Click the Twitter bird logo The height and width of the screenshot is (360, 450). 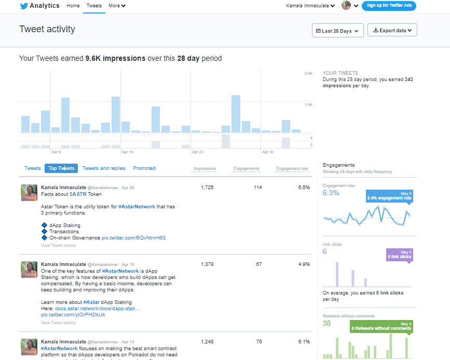coord(24,6)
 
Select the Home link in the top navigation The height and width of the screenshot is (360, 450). coord(73,6)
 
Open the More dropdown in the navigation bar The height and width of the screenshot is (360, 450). coord(117,6)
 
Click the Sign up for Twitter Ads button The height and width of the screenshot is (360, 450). coord(389,6)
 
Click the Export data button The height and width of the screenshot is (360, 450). coord(392,31)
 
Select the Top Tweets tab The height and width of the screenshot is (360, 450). coord(61,168)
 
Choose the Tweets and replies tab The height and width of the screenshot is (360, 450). coord(104,168)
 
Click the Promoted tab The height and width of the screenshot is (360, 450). coord(144,168)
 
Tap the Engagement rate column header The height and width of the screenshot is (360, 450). coord(292,168)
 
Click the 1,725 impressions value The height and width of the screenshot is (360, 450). coord(207,188)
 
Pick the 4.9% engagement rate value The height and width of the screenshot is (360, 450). coord(304,264)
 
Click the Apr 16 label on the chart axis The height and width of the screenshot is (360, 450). coord(127,152)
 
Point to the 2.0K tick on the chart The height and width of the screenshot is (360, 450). coord(308,74)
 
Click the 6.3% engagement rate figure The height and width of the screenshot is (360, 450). coord(331,193)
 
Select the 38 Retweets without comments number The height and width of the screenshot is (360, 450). coord(326,323)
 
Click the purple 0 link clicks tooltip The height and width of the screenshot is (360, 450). coord(399,255)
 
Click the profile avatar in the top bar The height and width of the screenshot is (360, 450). coord(346,6)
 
